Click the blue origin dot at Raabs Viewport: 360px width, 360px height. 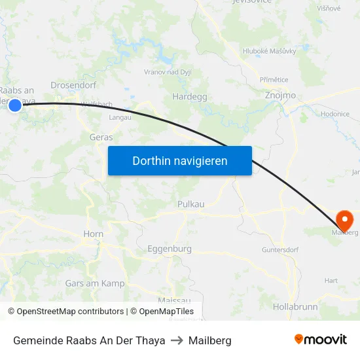(x=14, y=105)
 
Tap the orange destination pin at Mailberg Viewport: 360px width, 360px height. (x=344, y=219)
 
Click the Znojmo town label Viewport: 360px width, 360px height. (x=279, y=96)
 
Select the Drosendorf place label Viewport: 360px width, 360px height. (x=73, y=86)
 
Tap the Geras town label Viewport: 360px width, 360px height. (x=101, y=137)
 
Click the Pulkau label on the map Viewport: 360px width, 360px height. (x=191, y=204)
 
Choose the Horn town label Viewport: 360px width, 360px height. (x=93, y=234)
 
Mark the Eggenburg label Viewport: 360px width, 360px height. (x=170, y=249)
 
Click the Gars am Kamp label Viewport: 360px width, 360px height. (x=95, y=283)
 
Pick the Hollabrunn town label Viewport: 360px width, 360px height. (x=295, y=306)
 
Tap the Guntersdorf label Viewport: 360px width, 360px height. (x=280, y=250)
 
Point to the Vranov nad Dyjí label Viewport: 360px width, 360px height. (x=168, y=72)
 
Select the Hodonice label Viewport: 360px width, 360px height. (x=334, y=114)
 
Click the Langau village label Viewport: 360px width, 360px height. (x=120, y=117)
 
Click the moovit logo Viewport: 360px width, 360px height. (x=321, y=339)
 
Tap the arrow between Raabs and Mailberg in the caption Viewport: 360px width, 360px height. (x=177, y=340)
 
